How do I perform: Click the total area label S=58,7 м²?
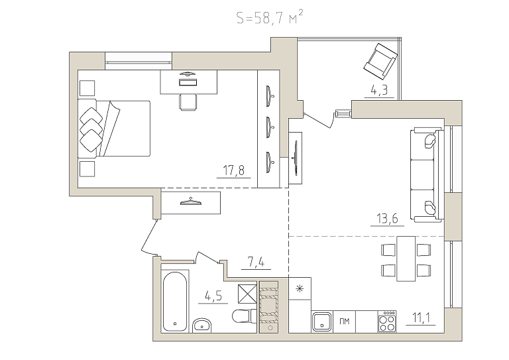[270, 17]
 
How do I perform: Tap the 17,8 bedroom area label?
[234, 170]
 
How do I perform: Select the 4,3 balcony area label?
[379, 90]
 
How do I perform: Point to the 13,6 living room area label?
[387, 219]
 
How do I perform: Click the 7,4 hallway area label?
[256, 263]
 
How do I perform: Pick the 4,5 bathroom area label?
[213, 296]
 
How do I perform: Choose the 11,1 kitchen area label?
[421, 318]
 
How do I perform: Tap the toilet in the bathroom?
[245, 316]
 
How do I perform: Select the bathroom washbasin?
[202, 325]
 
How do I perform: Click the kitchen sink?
[322, 322]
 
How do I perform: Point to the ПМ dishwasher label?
[345, 322]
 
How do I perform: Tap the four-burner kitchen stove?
[387, 322]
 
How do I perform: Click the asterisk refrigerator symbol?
[300, 288]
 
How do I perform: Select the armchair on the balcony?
[380, 61]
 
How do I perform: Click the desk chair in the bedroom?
[188, 102]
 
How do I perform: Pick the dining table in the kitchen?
[406, 259]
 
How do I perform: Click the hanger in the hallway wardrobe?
[191, 202]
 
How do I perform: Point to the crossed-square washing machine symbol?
[247, 294]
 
